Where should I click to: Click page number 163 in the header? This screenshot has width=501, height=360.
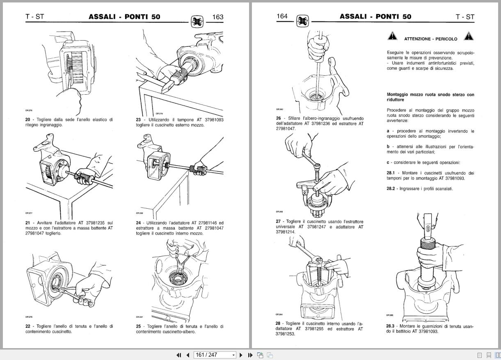(x=217, y=17)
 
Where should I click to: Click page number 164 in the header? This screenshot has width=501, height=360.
(x=282, y=16)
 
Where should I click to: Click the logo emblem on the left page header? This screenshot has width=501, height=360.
(x=197, y=21)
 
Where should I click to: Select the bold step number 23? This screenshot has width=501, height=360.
(x=139, y=120)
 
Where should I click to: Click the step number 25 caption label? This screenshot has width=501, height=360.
(x=139, y=326)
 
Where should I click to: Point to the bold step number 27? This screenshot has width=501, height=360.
(x=278, y=221)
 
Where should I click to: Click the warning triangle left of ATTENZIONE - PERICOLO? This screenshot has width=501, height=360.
(x=392, y=36)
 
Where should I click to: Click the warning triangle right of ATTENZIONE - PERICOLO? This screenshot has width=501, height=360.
(x=469, y=36)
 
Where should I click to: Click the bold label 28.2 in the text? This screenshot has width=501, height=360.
(x=391, y=189)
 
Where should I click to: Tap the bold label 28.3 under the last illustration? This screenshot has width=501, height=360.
(x=390, y=326)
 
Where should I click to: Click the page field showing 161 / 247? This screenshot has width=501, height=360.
(x=214, y=355)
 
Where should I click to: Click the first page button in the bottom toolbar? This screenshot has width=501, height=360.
(x=179, y=355)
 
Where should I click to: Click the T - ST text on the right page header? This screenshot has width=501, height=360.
(x=464, y=17)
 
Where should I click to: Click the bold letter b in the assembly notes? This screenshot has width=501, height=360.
(x=388, y=146)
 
